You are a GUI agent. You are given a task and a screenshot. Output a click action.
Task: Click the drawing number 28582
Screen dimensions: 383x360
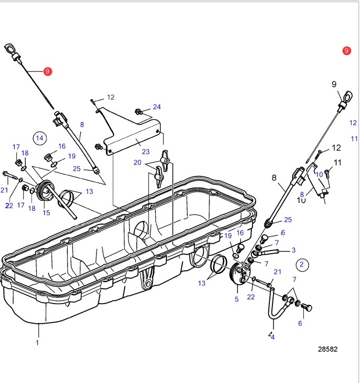click(328, 349)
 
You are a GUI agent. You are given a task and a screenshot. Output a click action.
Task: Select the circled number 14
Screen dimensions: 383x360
click(39, 139)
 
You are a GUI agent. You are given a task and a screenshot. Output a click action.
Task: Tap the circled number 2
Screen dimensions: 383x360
click(302, 264)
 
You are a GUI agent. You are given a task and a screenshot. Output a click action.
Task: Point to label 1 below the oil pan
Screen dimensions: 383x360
click(37, 343)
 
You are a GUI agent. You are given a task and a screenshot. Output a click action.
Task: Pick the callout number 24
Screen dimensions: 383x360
click(156, 107)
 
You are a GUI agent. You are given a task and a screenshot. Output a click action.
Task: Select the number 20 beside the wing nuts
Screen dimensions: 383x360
click(137, 163)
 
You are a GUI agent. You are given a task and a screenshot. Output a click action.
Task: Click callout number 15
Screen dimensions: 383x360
click(46, 213)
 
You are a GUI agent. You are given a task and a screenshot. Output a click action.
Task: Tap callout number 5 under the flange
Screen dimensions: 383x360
click(236, 299)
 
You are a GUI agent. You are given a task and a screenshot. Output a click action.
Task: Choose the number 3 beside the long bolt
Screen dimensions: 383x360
click(293, 250)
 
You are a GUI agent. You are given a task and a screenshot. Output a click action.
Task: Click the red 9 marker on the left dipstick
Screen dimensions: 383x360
click(47, 71)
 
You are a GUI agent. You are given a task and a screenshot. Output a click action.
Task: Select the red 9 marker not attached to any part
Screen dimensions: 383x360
click(346, 51)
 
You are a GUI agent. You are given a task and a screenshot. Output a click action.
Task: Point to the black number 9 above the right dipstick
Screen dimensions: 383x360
click(334, 84)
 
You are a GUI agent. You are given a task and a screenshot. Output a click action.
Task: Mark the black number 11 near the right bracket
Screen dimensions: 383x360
click(338, 162)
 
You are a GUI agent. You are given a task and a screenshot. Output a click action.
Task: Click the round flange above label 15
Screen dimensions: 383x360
click(45, 190)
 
